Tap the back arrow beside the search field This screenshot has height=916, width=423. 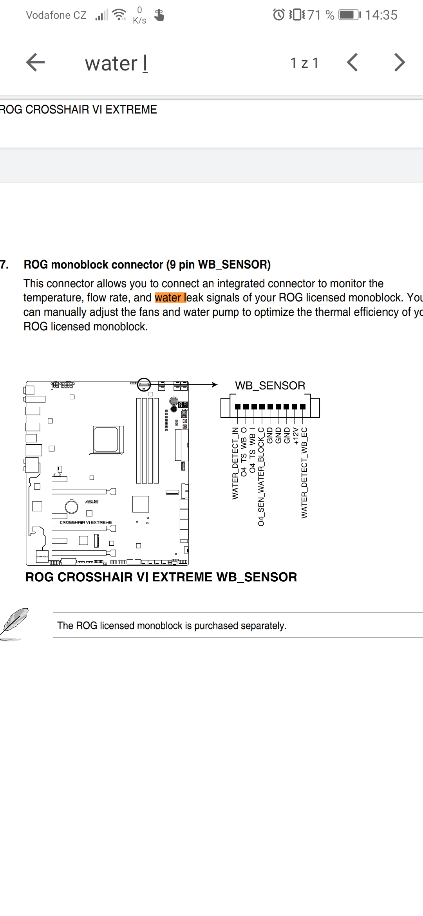35,63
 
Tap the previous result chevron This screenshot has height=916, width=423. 352,63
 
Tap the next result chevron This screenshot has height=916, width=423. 399,63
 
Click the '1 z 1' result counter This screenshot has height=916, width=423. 304,63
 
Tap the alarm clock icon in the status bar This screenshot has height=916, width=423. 278,15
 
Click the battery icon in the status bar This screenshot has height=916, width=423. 349,15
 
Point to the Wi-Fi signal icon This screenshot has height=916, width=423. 119,15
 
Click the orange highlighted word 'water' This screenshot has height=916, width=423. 168,298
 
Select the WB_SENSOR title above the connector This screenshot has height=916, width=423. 270,386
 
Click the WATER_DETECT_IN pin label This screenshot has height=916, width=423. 235,463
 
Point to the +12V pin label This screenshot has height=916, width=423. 296,436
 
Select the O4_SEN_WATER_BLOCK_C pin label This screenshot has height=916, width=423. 261,477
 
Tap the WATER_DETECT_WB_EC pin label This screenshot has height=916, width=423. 304,473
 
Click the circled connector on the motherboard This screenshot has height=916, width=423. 144,384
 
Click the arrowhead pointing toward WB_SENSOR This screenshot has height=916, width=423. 214,384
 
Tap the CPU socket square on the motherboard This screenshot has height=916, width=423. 106,439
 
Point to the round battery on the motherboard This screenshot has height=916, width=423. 71,507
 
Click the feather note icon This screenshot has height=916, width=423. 15,623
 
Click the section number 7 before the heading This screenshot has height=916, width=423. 4,265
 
